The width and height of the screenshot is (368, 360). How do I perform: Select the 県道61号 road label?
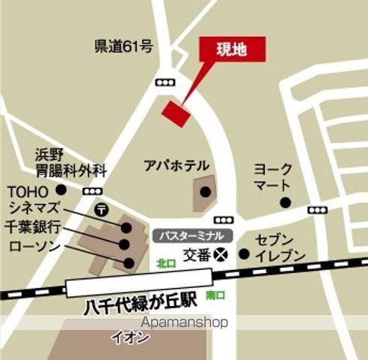pos(124,46)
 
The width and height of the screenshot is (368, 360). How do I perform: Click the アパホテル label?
pos(176,165)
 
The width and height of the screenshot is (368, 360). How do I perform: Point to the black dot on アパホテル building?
pos(204,192)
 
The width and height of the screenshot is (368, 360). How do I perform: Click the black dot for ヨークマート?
pos(285,202)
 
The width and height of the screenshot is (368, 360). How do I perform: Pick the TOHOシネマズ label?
pos(38,198)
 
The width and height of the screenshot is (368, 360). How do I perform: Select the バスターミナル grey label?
pos(193,235)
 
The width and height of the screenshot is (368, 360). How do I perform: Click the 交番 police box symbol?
pos(220,253)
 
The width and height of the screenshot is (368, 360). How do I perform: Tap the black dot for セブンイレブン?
pos(243,253)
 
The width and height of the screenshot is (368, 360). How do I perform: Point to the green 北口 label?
pos(165,263)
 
